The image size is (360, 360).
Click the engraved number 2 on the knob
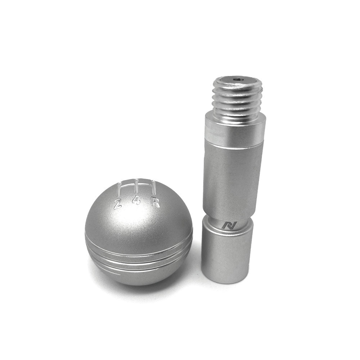[x=118, y=204]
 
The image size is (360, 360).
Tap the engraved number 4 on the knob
[x=136, y=200]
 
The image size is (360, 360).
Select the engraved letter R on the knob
[x=156, y=203]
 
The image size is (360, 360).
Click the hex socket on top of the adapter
[x=237, y=80]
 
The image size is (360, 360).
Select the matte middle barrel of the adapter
[x=233, y=176]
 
